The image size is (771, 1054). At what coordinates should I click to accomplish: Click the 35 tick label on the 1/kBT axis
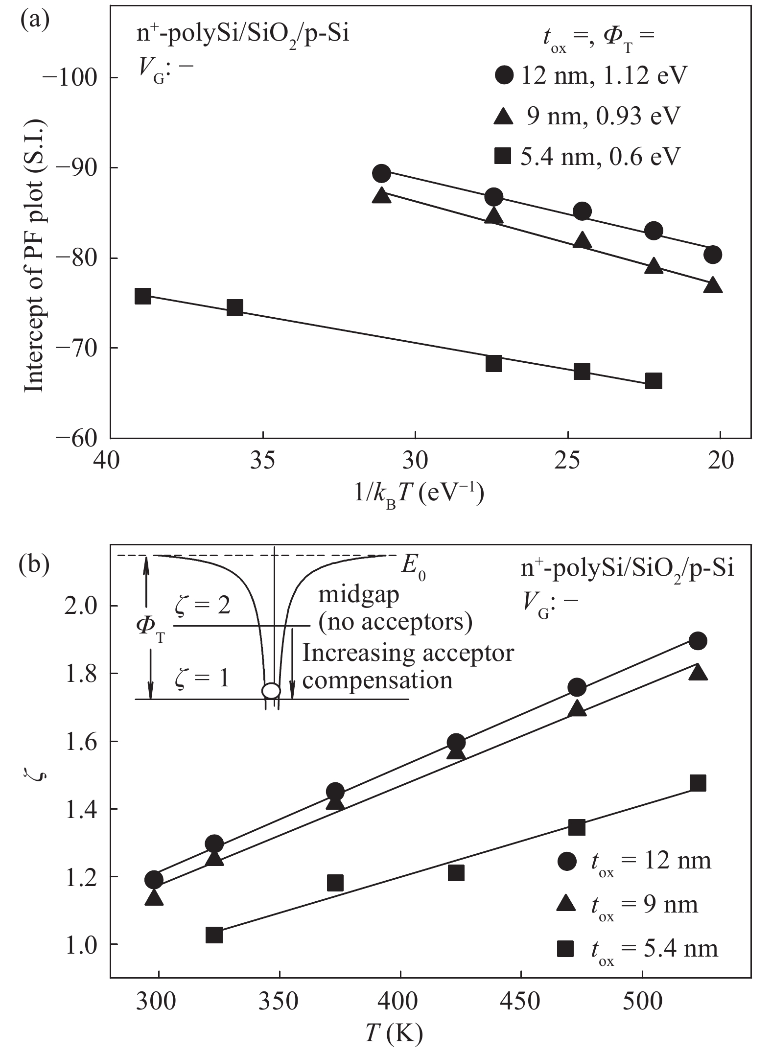coord(262,461)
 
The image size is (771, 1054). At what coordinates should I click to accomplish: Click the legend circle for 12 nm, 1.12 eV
coord(504,75)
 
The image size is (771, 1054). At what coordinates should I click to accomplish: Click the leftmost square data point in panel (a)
coord(142,296)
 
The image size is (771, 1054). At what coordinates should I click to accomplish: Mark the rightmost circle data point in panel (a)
coord(713,255)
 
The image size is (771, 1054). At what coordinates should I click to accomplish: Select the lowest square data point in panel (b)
coord(214,936)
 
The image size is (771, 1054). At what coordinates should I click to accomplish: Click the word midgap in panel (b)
coord(358,595)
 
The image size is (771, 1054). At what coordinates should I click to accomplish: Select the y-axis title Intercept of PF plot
coord(34,255)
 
